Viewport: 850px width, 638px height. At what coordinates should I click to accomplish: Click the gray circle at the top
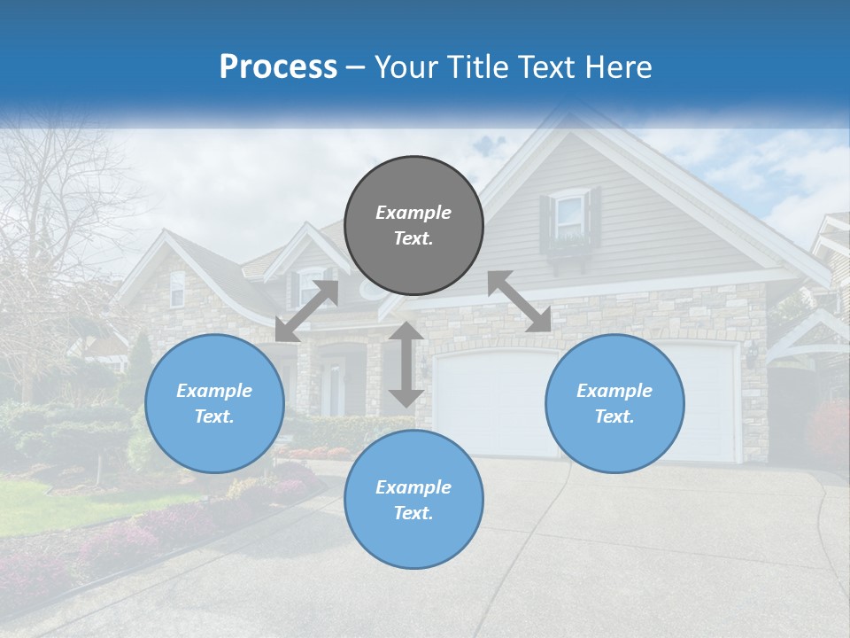pos(413,226)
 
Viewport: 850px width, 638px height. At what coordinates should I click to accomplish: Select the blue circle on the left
pos(214,403)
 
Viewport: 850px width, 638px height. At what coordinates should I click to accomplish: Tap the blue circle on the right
pos(614,403)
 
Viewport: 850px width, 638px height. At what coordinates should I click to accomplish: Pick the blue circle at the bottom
pos(413,500)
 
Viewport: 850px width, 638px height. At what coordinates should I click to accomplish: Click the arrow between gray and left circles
pos(306,310)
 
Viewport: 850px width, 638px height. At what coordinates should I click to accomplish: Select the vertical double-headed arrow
pos(406,364)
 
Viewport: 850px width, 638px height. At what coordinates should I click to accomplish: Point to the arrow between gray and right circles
pos(520,301)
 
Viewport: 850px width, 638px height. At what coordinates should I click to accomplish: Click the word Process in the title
pos(278,66)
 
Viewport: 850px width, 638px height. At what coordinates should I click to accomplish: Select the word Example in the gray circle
pos(413,213)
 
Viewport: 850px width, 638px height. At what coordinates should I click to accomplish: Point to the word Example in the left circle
pos(214,391)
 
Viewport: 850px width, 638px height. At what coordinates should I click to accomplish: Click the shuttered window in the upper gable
pos(570,216)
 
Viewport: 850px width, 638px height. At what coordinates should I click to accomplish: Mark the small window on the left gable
pos(177,289)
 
